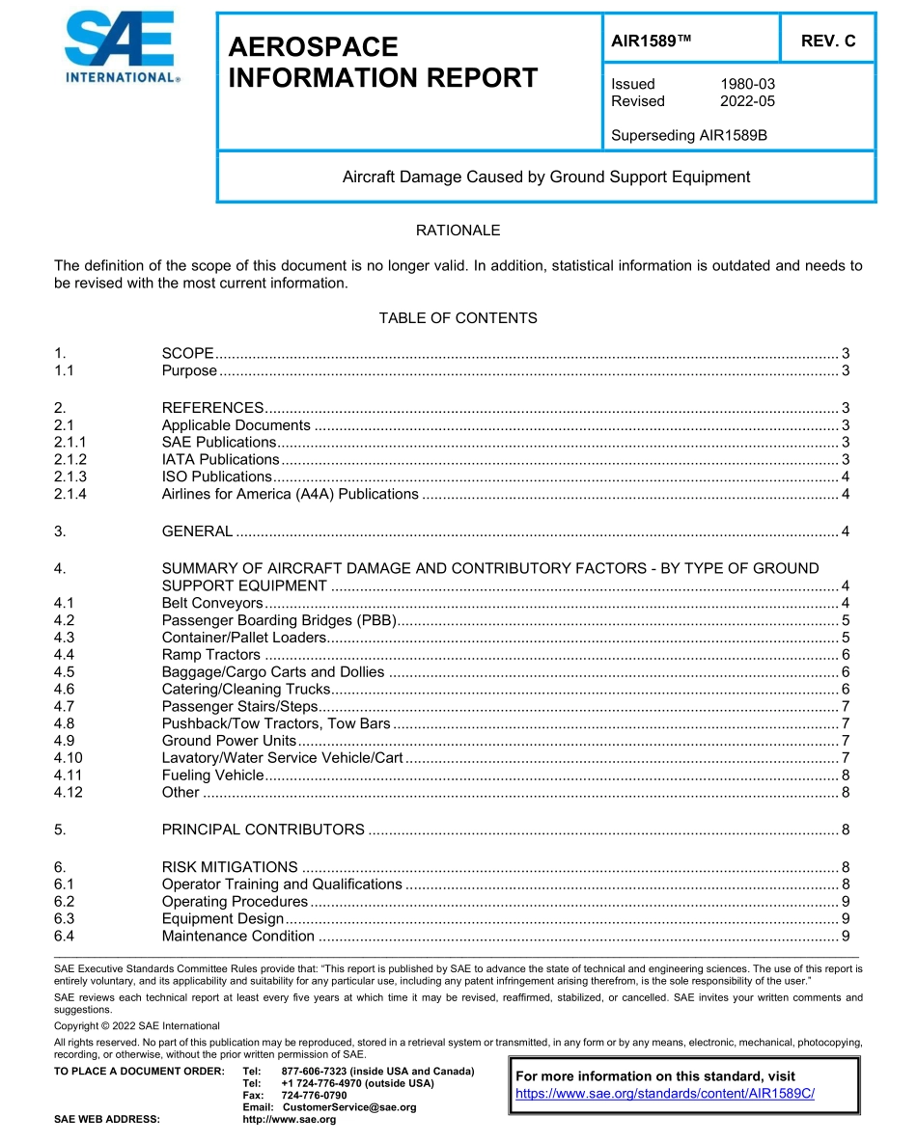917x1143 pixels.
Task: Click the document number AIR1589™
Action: (x=652, y=41)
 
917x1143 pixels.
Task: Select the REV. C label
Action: (x=827, y=41)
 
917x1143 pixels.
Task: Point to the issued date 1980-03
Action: (x=747, y=84)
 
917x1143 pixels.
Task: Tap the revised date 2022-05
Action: (x=747, y=101)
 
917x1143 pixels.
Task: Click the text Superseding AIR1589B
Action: (x=688, y=135)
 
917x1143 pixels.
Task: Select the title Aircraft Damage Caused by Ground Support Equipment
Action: (x=546, y=177)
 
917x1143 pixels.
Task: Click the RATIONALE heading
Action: (x=458, y=231)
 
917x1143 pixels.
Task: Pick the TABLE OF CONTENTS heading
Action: (x=458, y=318)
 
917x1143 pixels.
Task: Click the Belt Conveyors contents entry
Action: (x=199, y=603)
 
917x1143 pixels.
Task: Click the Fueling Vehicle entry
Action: (x=212, y=776)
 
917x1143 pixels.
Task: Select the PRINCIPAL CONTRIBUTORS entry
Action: (x=263, y=830)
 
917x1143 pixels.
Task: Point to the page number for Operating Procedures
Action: (x=845, y=902)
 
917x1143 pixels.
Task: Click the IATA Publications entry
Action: (x=220, y=459)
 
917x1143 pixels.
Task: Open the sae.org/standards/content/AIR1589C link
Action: (x=665, y=1094)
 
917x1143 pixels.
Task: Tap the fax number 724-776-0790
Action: (x=314, y=1096)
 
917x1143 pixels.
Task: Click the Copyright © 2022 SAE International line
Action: (x=137, y=1025)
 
